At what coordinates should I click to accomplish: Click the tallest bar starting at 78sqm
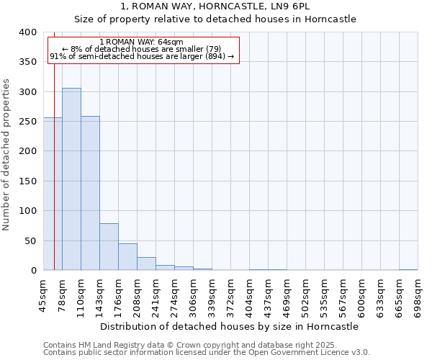tap(71, 179)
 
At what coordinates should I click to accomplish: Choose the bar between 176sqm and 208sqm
tap(127, 257)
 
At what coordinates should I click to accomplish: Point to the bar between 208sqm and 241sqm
tap(146, 264)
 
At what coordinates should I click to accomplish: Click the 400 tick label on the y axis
tap(27, 32)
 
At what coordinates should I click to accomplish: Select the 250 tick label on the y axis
tap(27, 122)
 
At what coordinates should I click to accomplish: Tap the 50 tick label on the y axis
tap(30, 240)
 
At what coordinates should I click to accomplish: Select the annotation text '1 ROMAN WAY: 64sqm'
tap(141, 42)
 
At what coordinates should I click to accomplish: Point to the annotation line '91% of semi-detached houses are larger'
tap(141, 56)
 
